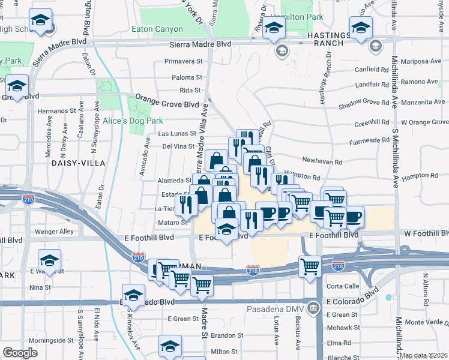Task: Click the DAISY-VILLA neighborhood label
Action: pos(78,163)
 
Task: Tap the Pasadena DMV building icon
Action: pos(313,309)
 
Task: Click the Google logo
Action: pos(20,353)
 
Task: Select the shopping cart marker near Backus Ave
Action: pos(310,265)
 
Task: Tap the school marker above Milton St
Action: pos(170,346)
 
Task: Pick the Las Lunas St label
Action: pos(176,134)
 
